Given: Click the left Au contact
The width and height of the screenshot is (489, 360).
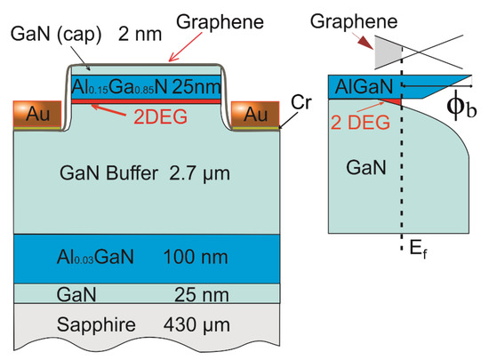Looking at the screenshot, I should [x=30, y=115].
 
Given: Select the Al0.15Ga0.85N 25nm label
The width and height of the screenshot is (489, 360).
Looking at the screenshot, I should [x=148, y=85].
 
